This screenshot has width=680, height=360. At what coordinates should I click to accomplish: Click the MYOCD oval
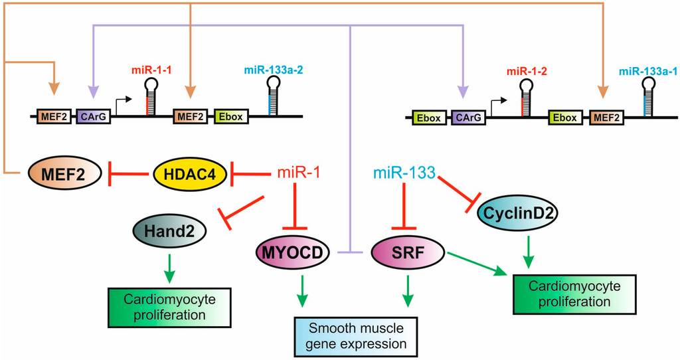click(292, 253)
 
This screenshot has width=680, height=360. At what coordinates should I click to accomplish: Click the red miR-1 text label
click(298, 175)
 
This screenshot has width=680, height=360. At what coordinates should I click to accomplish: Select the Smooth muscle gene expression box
click(358, 336)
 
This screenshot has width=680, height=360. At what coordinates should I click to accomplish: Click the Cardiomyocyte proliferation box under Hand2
click(169, 306)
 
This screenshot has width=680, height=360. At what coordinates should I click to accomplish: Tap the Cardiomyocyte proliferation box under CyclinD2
click(574, 293)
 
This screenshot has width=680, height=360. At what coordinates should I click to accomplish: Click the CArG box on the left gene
click(93, 117)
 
